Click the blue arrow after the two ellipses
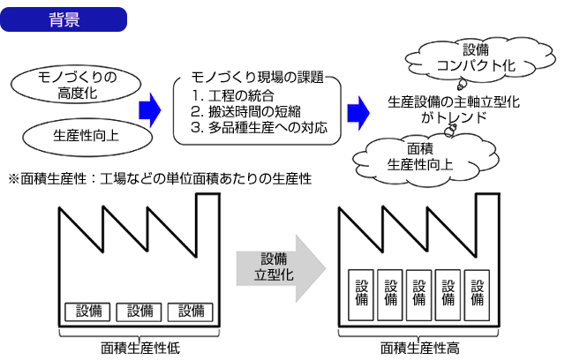[152, 109]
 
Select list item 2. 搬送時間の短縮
[246, 111]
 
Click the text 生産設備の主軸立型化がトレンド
[454, 109]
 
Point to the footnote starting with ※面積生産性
[159, 178]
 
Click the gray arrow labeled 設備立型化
[273, 265]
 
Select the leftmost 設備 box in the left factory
[89, 311]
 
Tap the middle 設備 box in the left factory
[140, 311]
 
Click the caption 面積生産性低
[140, 347]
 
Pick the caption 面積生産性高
[420, 347]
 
